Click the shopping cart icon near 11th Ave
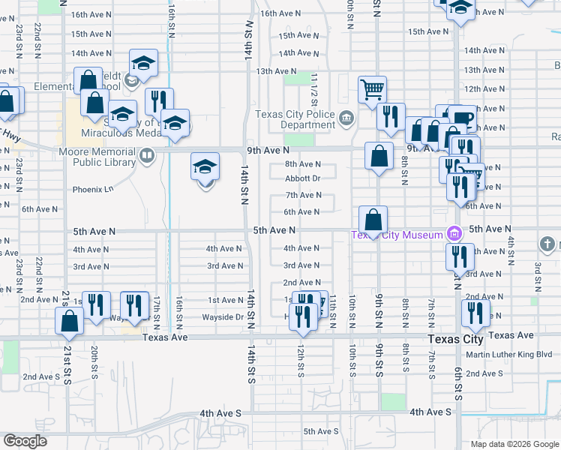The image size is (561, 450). click(x=372, y=91)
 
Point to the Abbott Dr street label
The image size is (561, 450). click(x=303, y=178)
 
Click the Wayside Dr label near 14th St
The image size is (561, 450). click(x=223, y=317)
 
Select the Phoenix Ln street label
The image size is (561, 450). click(x=92, y=190)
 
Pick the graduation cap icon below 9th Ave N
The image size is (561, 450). click(x=205, y=167)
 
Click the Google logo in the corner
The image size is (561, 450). click(x=25, y=441)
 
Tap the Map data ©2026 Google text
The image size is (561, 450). click(x=514, y=444)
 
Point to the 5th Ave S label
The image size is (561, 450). click(x=321, y=431)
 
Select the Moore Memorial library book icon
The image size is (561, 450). click(x=147, y=156)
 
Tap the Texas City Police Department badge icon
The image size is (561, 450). click(x=346, y=116)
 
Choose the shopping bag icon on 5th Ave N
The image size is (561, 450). click(x=373, y=220)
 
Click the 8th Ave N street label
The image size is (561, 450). click(x=303, y=164)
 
